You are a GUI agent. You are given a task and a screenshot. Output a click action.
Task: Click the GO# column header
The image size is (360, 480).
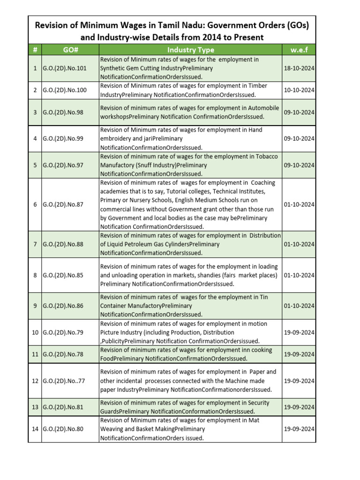coord(70,50)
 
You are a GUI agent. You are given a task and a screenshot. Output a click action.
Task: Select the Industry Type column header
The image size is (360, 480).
coord(190,50)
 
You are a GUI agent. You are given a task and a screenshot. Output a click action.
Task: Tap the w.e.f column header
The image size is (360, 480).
coord(299,50)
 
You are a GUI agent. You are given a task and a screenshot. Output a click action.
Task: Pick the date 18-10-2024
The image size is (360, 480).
coord(299,68)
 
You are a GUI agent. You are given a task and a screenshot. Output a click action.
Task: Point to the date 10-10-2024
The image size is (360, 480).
coord(299,90)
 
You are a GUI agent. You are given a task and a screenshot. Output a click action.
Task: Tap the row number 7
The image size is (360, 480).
coord(35,244)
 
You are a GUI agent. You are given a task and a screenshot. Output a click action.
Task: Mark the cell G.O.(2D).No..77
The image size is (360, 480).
coord(64,381)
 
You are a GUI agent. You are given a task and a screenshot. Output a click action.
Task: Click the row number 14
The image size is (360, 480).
coord(35,429)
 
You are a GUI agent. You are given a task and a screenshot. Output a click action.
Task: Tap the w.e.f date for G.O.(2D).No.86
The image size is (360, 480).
coord(299,306)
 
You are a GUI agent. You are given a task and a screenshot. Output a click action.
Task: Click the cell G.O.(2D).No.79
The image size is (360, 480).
coord(63,332)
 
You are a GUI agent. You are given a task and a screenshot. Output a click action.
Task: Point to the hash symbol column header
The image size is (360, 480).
coord(35,50)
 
